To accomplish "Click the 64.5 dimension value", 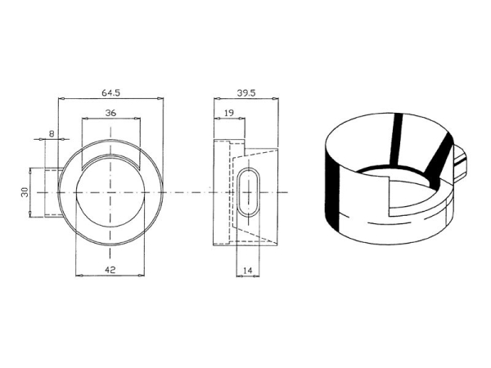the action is pos(110,93).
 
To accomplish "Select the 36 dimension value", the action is pos(110,113).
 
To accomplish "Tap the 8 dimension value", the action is pos(52,134).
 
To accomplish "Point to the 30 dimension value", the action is pos(25,191).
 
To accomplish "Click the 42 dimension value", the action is pos(110,270).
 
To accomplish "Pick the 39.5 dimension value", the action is pos(246,93).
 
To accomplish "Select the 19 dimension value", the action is pos(229,113).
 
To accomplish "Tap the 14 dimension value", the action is pos(247,271).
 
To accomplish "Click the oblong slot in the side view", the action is pos(248,192).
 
